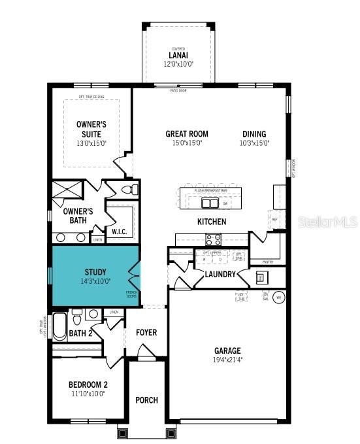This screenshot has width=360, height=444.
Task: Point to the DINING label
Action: (254, 134)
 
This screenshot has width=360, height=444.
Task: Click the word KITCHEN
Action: (212, 222)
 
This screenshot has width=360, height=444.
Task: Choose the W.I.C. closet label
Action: (119, 231)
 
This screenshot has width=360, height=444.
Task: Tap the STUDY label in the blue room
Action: (96, 272)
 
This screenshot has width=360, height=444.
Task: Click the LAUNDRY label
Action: (220, 274)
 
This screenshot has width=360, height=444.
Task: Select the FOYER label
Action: (146, 332)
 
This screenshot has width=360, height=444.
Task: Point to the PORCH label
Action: (146, 400)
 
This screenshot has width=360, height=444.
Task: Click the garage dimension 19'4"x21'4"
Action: (227, 359)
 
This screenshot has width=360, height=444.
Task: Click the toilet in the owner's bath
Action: (130, 190)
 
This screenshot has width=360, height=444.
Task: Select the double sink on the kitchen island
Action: (210, 201)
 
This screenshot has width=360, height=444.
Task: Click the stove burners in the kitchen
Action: (214, 239)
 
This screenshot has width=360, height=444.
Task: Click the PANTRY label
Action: (268, 262)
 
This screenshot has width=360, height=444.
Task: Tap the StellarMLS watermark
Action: (328, 222)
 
